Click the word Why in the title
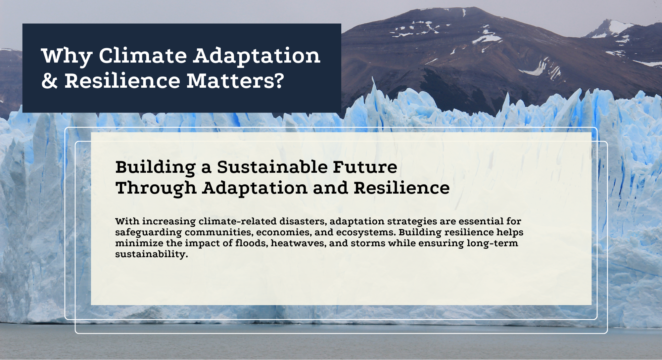pyautogui.click(x=67, y=56)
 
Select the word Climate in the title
pyautogui.click(x=143, y=55)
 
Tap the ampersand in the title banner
pyautogui.click(x=50, y=81)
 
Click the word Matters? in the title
pyautogui.click(x=235, y=81)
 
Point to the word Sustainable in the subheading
pyautogui.click(x=272, y=167)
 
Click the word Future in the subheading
pyautogui.click(x=365, y=167)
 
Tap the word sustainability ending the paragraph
pyautogui.click(x=151, y=254)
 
